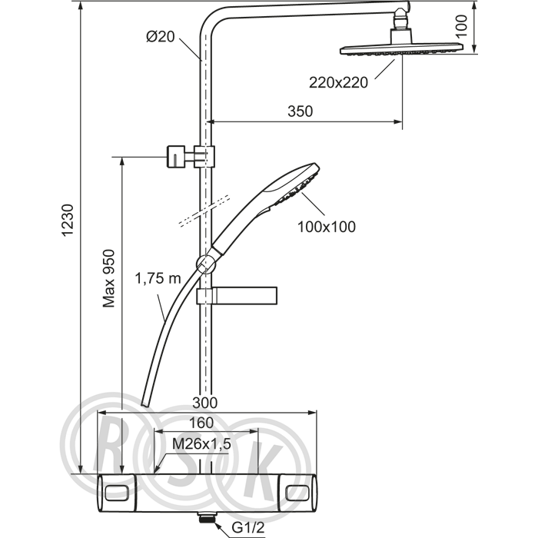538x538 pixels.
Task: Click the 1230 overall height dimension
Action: tap(68, 220)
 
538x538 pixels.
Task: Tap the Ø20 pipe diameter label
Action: tap(161, 36)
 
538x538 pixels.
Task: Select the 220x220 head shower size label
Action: tap(338, 83)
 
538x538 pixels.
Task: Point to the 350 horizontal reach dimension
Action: tap(301, 111)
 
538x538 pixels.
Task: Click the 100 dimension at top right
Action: tap(462, 25)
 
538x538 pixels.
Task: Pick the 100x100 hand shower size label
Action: tap(327, 227)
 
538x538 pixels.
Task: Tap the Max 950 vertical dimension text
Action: tap(109, 278)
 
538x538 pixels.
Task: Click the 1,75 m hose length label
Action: tap(158, 278)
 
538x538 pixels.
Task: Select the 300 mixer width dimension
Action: tap(205, 403)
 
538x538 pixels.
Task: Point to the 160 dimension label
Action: tap(201, 423)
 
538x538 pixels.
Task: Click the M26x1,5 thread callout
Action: tap(201, 444)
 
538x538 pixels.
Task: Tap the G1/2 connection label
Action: tap(248, 528)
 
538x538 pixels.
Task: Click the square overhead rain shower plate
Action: tap(401, 49)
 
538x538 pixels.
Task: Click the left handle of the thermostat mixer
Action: tap(117, 493)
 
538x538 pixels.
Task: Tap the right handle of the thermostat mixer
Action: tap(298, 493)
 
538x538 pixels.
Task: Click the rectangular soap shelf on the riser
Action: tap(237, 296)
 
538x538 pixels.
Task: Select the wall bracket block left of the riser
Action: tap(176, 157)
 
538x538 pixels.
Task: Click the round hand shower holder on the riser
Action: tap(205, 264)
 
